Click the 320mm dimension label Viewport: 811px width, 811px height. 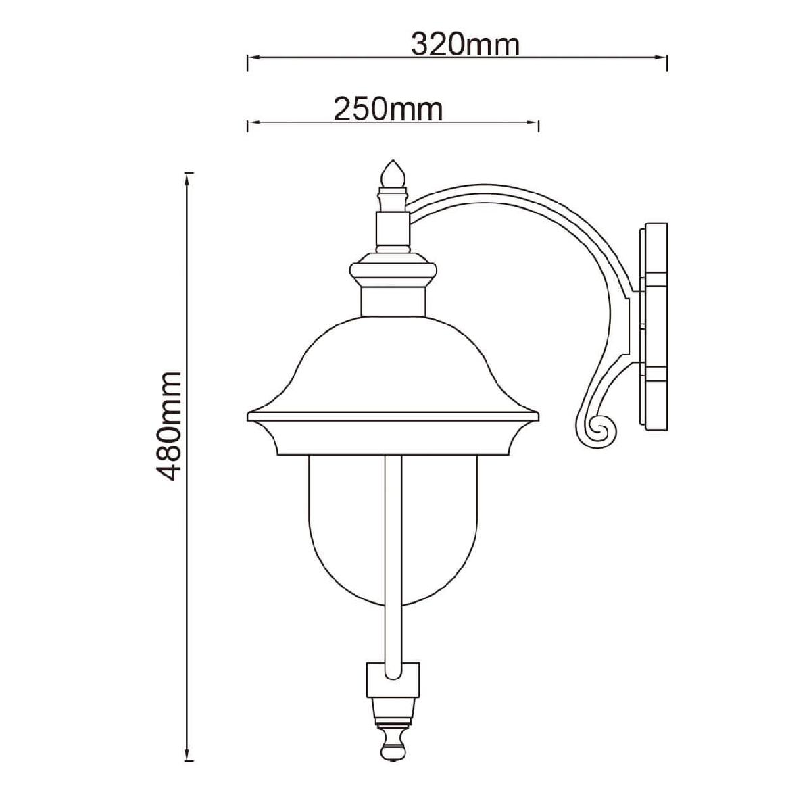tap(465, 45)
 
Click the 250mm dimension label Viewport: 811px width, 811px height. tap(388, 110)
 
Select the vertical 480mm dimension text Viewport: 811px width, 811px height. tap(169, 426)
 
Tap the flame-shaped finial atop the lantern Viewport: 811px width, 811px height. tap(393, 174)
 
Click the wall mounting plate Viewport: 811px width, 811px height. tap(653, 327)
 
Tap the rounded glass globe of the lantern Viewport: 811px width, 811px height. tap(393, 531)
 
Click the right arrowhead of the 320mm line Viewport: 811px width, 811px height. tap(662, 57)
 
